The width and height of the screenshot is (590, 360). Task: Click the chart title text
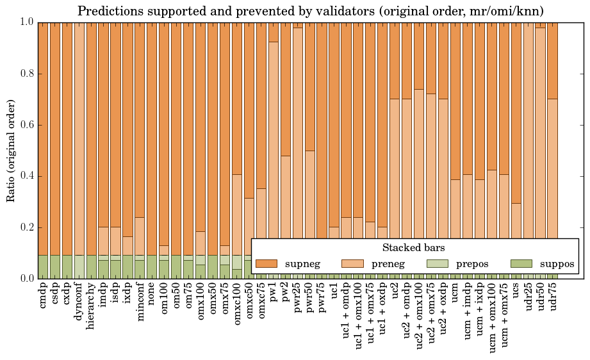pos(311,11)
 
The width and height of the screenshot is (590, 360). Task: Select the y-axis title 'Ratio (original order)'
pos(11,150)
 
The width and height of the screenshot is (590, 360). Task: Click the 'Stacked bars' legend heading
pos(413,248)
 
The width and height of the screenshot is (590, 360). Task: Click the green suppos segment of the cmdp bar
pos(43,266)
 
